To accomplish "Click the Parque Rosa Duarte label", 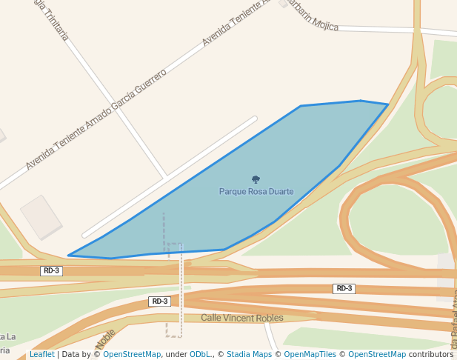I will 256,191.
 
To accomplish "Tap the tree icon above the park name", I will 256,179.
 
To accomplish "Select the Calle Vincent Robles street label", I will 242,319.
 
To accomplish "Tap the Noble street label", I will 105,339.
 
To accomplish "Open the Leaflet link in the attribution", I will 41,355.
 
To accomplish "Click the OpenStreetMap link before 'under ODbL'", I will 131,355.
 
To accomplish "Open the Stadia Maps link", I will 247,355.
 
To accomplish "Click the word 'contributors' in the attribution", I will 431,355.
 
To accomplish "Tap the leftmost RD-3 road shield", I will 51,271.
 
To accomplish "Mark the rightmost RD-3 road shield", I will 344,289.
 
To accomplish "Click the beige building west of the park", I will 41,216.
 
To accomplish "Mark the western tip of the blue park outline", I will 69,256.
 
